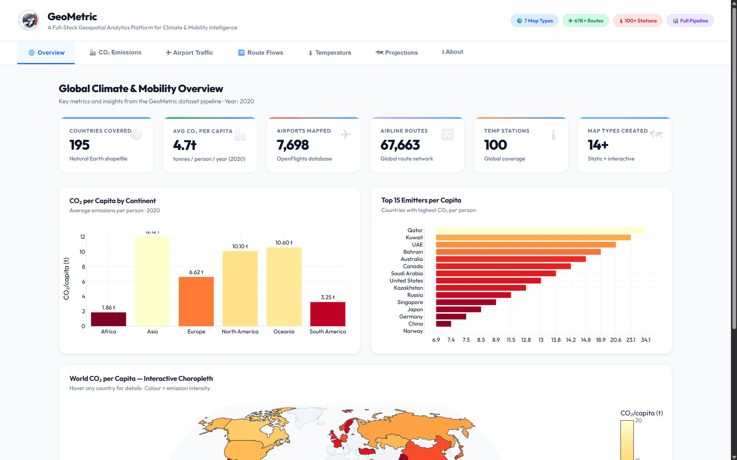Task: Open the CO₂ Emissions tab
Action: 116,53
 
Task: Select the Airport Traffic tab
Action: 189,53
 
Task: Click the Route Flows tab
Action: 261,53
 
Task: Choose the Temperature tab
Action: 330,53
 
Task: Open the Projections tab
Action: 397,53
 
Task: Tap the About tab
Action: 453,52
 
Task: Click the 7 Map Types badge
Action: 534,21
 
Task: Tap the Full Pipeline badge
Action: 690,21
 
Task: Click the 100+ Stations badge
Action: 638,21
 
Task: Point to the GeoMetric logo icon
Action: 29,20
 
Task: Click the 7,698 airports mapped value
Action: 292,145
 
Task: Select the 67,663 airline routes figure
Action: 400,145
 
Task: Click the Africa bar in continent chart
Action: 109,319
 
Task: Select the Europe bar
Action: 196,301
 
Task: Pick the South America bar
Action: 328,314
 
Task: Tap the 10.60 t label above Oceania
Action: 284,243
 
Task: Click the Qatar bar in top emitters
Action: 541,230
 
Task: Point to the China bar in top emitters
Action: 444,324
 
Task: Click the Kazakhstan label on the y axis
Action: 408,288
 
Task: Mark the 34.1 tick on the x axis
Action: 646,340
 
